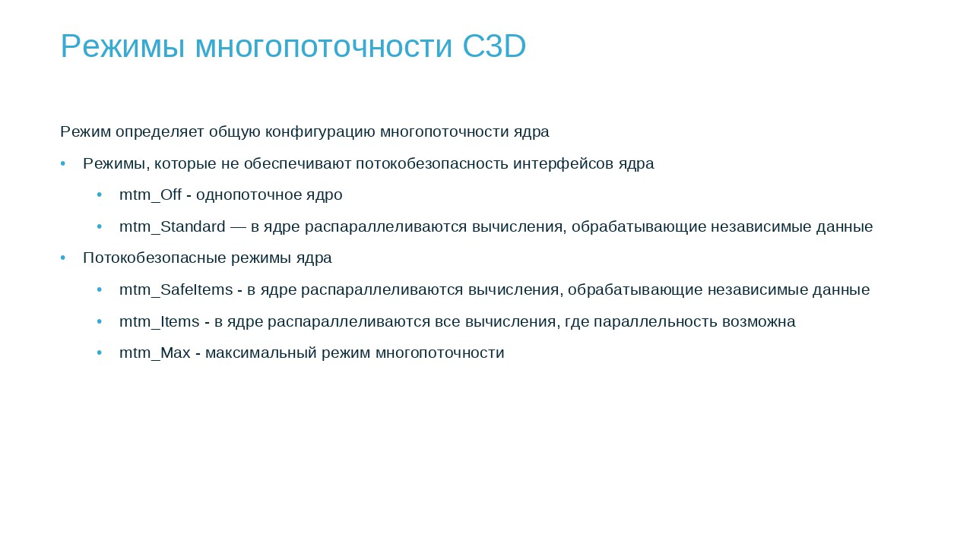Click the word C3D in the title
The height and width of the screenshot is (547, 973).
494,46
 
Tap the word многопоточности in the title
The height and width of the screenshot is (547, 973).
324,47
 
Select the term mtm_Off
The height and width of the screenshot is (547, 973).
151,194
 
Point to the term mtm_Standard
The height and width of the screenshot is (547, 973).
173,226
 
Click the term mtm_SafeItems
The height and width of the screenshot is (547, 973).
176,289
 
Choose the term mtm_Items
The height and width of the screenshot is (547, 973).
160,321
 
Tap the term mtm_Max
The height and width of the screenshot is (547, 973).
154,353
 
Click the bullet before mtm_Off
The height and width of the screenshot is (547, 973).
100,195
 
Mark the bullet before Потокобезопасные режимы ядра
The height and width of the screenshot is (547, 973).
63,258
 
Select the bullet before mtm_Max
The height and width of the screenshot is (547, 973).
100,353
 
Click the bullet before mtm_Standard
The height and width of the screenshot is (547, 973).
100,226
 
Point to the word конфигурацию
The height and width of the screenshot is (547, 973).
320,132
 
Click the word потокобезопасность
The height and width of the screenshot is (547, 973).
433,163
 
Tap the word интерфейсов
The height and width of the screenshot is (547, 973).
563,163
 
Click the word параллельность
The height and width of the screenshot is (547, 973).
655,321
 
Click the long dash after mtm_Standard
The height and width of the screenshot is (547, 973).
238,226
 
